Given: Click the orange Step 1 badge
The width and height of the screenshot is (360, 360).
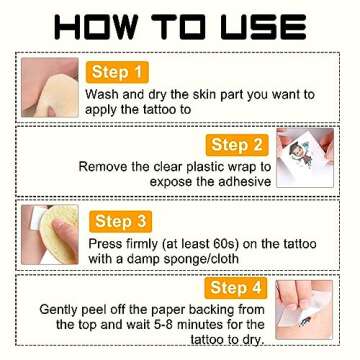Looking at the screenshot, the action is pyautogui.click(x=117, y=72).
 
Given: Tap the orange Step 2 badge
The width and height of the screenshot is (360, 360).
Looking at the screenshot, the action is pyautogui.click(x=237, y=145).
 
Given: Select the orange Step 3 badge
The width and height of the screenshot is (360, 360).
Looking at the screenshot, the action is pyautogui.click(x=121, y=222).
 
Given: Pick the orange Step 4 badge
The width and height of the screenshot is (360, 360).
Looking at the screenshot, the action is pyautogui.click(x=236, y=288).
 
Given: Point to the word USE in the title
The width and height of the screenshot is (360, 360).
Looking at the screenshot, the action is pyautogui.click(x=264, y=27).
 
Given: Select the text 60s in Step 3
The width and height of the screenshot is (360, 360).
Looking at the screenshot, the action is pyautogui.click(x=225, y=244).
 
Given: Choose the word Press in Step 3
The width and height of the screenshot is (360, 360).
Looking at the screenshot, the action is pyautogui.click(x=103, y=244).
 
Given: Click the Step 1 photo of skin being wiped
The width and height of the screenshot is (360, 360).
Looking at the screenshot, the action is pyautogui.click(x=50, y=87).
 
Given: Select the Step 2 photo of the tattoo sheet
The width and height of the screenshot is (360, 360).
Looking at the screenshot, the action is pyautogui.click(x=305, y=158).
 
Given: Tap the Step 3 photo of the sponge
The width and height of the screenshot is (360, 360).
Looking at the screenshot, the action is pyautogui.click(x=50, y=235).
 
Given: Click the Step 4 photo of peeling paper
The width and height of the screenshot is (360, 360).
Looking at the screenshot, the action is pyautogui.click(x=304, y=310).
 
